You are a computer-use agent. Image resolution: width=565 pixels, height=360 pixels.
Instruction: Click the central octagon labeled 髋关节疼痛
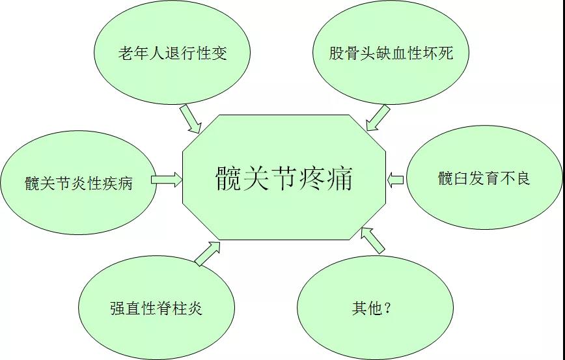click(x=284, y=177)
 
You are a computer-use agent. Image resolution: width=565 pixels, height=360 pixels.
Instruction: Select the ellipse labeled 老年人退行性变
click(x=172, y=52)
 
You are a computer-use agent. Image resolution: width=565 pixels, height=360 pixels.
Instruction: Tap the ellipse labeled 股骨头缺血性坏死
click(x=391, y=52)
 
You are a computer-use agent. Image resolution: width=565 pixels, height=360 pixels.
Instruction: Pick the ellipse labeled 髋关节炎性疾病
click(x=78, y=181)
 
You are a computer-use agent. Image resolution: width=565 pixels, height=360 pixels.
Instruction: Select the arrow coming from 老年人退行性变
click(x=190, y=118)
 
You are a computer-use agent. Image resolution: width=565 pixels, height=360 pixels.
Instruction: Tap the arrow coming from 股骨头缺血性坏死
click(x=377, y=118)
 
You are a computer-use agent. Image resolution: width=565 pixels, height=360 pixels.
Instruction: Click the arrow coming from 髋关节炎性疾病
click(x=167, y=180)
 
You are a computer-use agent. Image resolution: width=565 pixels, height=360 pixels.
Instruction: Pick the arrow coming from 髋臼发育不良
click(x=396, y=180)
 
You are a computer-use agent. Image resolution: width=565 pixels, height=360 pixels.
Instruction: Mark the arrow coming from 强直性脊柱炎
click(x=208, y=253)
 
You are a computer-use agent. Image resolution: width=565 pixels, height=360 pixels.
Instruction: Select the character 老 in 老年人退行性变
click(x=126, y=53)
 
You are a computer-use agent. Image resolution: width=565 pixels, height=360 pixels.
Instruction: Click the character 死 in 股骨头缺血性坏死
click(x=445, y=53)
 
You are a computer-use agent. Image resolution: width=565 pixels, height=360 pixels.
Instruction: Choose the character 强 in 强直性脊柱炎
click(x=118, y=308)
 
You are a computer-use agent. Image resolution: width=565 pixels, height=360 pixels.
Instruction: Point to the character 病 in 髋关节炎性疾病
click(x=125, y=183)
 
